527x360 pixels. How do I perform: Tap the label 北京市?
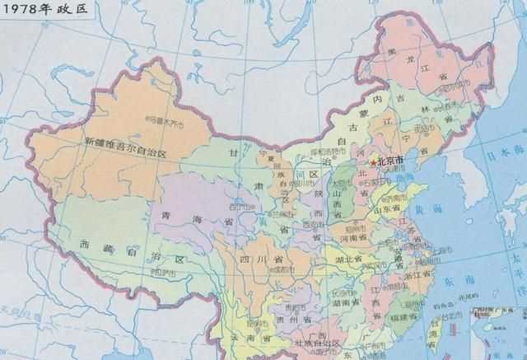pyautogui.click(x=389, y=161)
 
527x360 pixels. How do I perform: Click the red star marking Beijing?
pyautogui.click(x=375, y=163)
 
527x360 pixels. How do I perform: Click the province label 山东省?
pyautogui.click(x=395, y=211)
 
